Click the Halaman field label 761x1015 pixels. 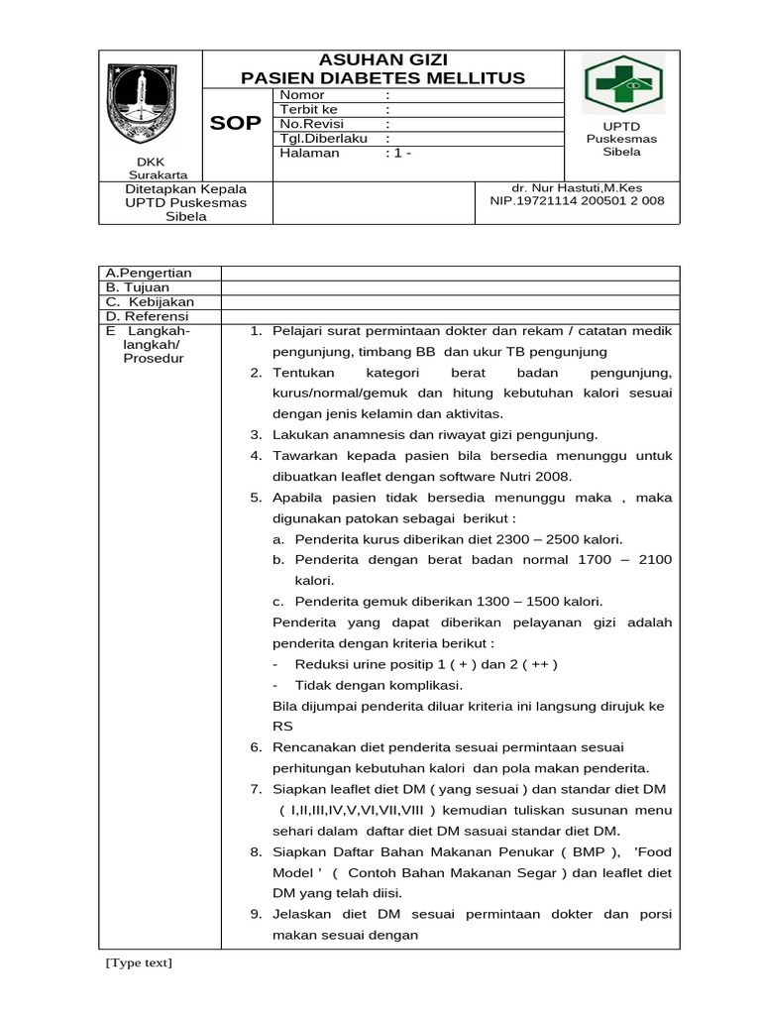pyautogui.click(x=309, y=154)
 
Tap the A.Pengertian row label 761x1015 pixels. pyautogui.click(x=149, y=274)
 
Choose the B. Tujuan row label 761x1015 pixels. pyautogui.click(x=140, y=287)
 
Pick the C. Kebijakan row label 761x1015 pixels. pyautogui.click(x=150, y=301)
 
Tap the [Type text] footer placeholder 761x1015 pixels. pyautogui.click(x=138, y=962)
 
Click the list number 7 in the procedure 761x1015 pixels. pyautogui.click(x=255, y=789)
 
